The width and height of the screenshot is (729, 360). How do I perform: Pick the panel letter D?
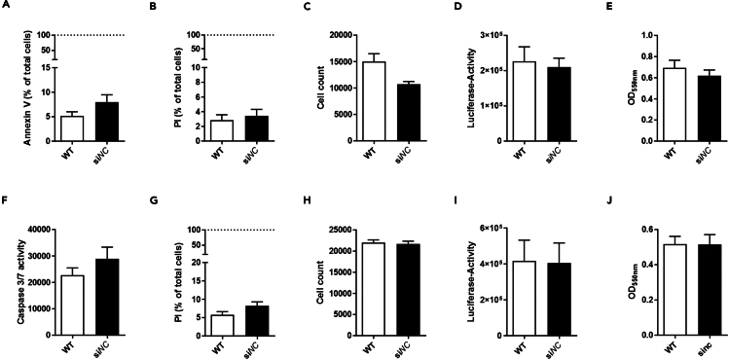pos(451,13)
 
